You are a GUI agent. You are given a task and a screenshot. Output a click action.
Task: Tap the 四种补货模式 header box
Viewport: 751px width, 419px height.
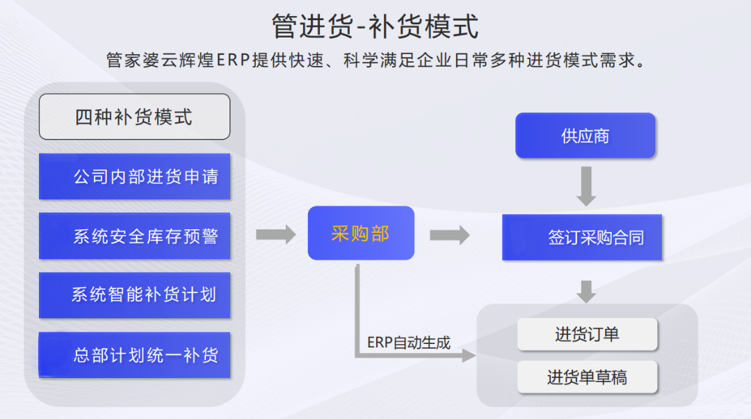click(x=134, y=117)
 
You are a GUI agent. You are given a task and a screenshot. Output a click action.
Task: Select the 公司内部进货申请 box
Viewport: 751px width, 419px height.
click(x=134, y=176)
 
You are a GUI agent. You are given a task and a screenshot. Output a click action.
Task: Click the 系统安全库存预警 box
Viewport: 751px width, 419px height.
click(x=134, y=236)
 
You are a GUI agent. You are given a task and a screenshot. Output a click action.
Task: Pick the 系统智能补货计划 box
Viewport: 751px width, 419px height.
click(x=134, y=295)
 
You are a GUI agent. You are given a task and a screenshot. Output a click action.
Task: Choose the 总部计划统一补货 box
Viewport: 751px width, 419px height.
click(x=134, y=355)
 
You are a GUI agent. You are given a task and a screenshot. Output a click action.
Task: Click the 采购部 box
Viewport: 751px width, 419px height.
click(x=361, y=233)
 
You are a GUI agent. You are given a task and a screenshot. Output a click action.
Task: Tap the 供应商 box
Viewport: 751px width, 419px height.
click(x=585, y=135)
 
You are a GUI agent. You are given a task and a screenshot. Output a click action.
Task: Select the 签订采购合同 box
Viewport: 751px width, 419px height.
click(x=582, y=238)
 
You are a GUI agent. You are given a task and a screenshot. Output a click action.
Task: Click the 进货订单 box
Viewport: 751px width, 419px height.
click(x=587, y=334)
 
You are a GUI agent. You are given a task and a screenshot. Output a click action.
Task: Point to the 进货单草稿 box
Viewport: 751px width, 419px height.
click(x=587, y=377)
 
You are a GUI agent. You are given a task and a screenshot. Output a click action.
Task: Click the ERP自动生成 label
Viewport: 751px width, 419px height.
click(x=409, y=343)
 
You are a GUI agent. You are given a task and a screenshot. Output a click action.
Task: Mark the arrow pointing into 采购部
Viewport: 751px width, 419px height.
click(x=275, y=234)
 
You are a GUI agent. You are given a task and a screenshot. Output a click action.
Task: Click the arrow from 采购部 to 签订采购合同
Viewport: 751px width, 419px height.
click(x=449, y=235)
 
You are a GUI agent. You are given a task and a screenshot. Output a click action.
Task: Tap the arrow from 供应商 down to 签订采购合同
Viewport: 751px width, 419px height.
click(x=586, y=186)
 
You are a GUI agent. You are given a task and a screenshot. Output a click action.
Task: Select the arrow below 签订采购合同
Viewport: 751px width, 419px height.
click(x=586, y=291)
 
